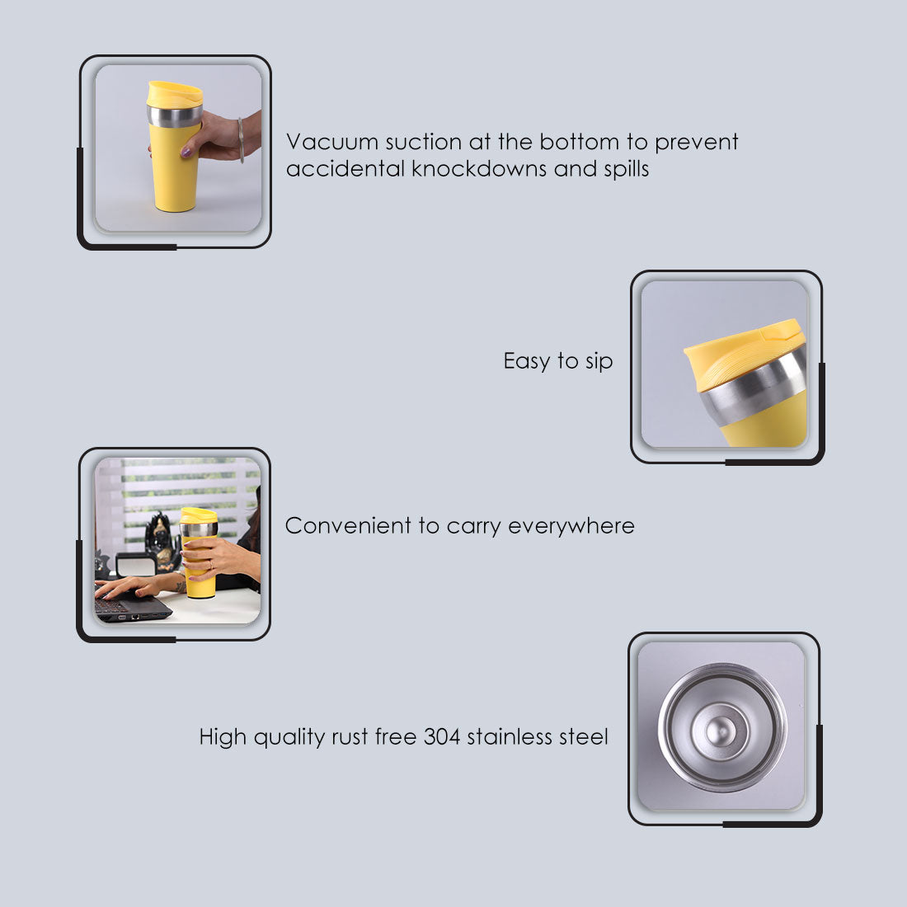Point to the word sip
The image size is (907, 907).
coord(599,362)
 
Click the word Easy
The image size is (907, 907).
coord(526,362)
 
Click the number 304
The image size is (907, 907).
coord(442,736)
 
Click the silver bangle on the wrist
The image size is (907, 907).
coord(242,139)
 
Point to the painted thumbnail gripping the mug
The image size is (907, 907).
coord(186,152)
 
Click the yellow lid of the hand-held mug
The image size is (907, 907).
coord(174,93)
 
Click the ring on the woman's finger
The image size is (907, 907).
coord(209,564)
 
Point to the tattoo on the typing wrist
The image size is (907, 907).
coord(181,586)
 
